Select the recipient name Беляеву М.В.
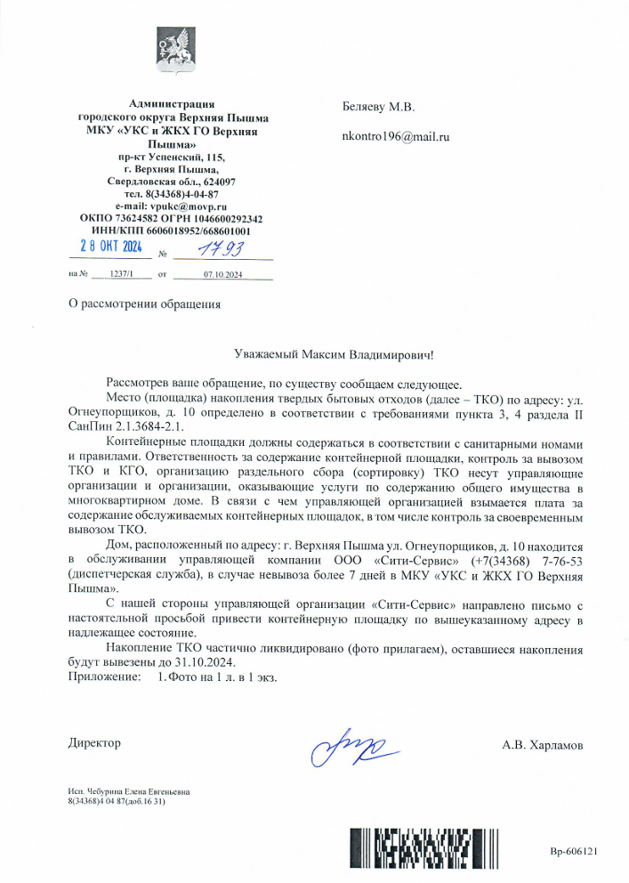(378, 107)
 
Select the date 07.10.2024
(222, 274)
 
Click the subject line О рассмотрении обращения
(145, 304)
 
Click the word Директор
(94, 742)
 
